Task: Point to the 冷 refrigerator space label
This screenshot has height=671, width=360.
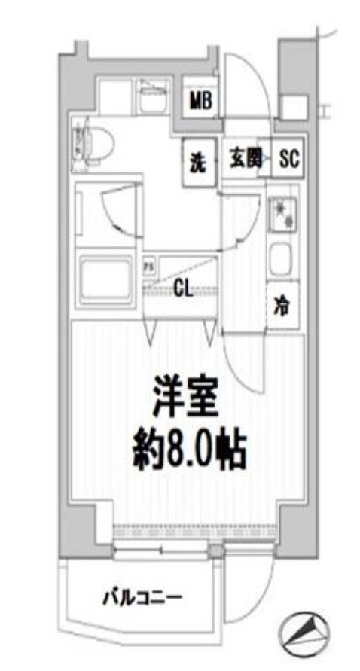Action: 282,307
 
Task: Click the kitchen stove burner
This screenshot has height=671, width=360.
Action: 284,214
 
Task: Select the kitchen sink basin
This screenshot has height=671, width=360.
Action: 282,260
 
